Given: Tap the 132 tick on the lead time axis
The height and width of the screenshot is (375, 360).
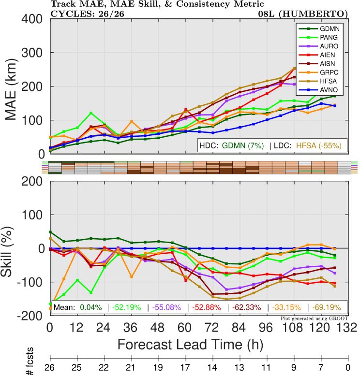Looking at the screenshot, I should (x=347, y=327).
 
